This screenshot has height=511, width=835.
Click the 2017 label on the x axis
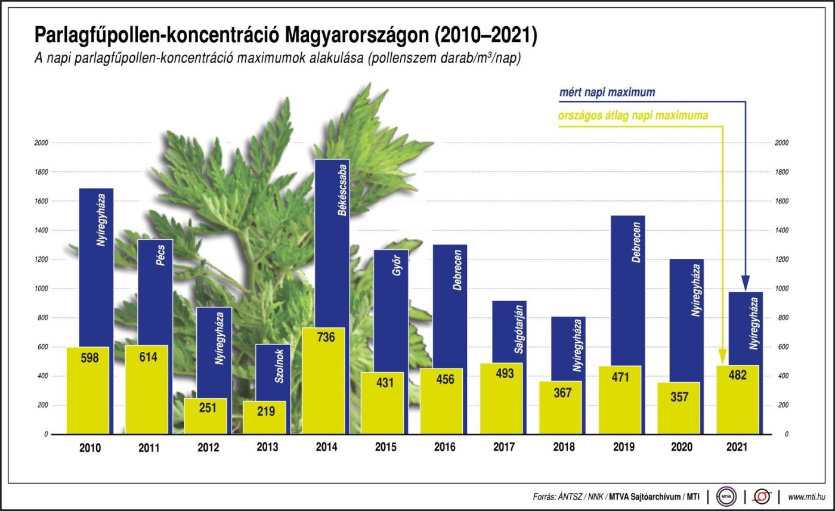(504, 447)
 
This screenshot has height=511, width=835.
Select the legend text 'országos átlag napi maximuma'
(633, 116)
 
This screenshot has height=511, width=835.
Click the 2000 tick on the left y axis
(41, 143)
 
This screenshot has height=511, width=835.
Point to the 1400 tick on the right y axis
(781, 230)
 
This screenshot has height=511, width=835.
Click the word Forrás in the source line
(546, 497)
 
